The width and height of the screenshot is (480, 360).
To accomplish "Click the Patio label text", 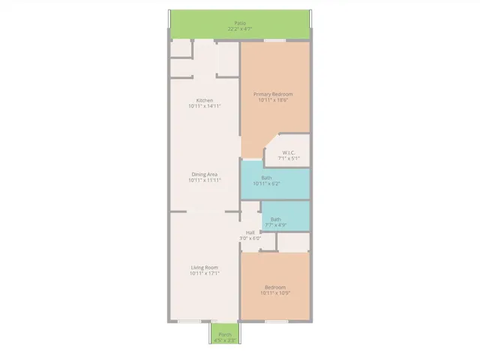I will coord(240,23).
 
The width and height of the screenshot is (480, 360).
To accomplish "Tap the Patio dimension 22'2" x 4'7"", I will coord(240,29).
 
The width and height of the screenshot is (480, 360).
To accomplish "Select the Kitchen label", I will coord(205,100).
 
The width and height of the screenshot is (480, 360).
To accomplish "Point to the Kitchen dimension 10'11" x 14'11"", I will coord(205,106).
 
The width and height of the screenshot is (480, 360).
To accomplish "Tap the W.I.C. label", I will coord(289,153).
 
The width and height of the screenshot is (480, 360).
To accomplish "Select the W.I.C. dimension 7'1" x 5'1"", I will coord(289,159).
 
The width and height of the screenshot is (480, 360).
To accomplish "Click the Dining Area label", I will coord(205,174).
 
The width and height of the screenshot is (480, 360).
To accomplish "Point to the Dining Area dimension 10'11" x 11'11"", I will coord(205,180).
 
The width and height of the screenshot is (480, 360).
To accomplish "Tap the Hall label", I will coord(250,232).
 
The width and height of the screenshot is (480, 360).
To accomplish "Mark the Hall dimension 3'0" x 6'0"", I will coord(250,238).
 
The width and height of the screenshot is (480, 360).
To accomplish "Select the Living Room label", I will coord(205,268).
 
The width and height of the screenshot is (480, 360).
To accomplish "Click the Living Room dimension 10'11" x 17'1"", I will coord(205,274).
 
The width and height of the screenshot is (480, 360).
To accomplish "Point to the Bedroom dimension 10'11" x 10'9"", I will coord(275,292).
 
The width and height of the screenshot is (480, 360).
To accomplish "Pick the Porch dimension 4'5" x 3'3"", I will coord(224,340).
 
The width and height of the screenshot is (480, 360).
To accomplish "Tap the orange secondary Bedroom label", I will coord(275,286).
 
